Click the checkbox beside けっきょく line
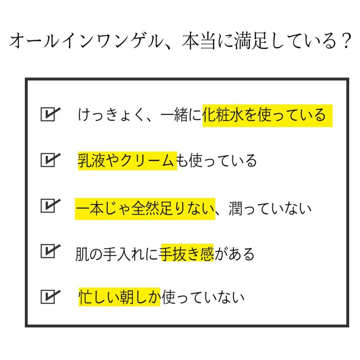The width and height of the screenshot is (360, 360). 49,114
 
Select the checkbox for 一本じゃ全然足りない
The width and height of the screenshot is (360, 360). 49,206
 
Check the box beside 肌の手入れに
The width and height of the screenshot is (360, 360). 49,252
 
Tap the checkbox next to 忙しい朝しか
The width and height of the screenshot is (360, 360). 49,297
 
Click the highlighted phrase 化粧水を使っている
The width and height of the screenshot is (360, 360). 267,116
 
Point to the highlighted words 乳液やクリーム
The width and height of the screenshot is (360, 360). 127,161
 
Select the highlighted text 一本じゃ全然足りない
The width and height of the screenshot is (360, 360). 145,209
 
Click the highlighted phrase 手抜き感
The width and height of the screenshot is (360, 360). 187,253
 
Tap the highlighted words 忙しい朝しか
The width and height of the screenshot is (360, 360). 119,297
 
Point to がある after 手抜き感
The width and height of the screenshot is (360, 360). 234,253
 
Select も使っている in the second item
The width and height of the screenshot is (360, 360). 216,161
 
